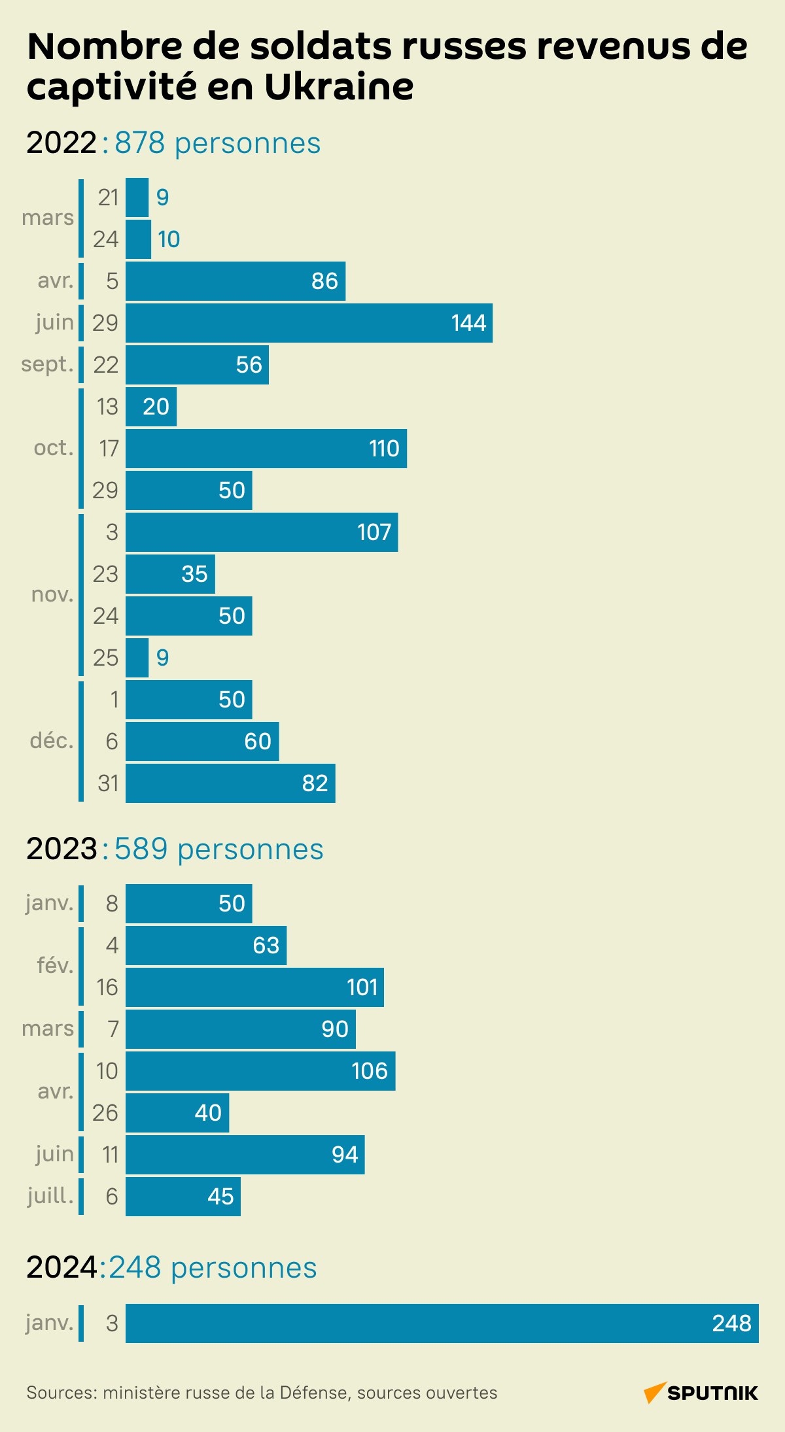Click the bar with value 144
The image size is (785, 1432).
[309, 323]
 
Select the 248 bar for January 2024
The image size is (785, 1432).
[442, 1323]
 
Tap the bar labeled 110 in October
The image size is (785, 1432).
[266, 449]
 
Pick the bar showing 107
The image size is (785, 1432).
[262, 532]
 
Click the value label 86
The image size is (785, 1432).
[324, 281]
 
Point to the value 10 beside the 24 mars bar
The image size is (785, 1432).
[169, 239]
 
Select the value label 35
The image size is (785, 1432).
[194, 574]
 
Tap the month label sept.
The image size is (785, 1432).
[47, 364]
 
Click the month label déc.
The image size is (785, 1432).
[52, 741]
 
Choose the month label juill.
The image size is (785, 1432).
[50, 1196]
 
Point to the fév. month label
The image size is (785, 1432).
[55, 966]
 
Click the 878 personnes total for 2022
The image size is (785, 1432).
[217, 143]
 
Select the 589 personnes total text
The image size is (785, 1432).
[218, 849]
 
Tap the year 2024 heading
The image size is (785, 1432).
[62, 1268]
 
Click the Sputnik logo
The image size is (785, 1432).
[701, 1393]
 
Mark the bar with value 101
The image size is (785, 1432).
[254, 987]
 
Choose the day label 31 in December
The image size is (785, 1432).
[108, 783]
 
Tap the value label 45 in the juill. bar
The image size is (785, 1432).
[220, 1197]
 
